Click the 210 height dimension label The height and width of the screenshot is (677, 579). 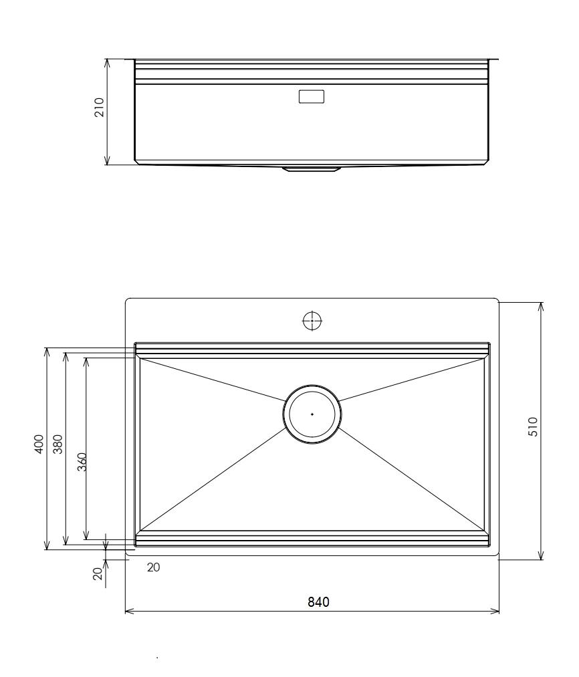point(100,107)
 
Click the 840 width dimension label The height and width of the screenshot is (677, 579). point(318,602)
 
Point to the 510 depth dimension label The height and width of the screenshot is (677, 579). point(533,426)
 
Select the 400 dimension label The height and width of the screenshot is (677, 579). point(39,444)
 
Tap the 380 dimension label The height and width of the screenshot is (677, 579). point(57,444)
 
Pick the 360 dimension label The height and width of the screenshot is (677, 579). point(82,462)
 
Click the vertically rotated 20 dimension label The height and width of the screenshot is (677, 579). point(98,573)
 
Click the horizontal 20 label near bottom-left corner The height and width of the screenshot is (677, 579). point(153,567)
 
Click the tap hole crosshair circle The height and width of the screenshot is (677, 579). point(312,321)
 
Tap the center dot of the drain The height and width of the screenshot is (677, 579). point(312,414)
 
